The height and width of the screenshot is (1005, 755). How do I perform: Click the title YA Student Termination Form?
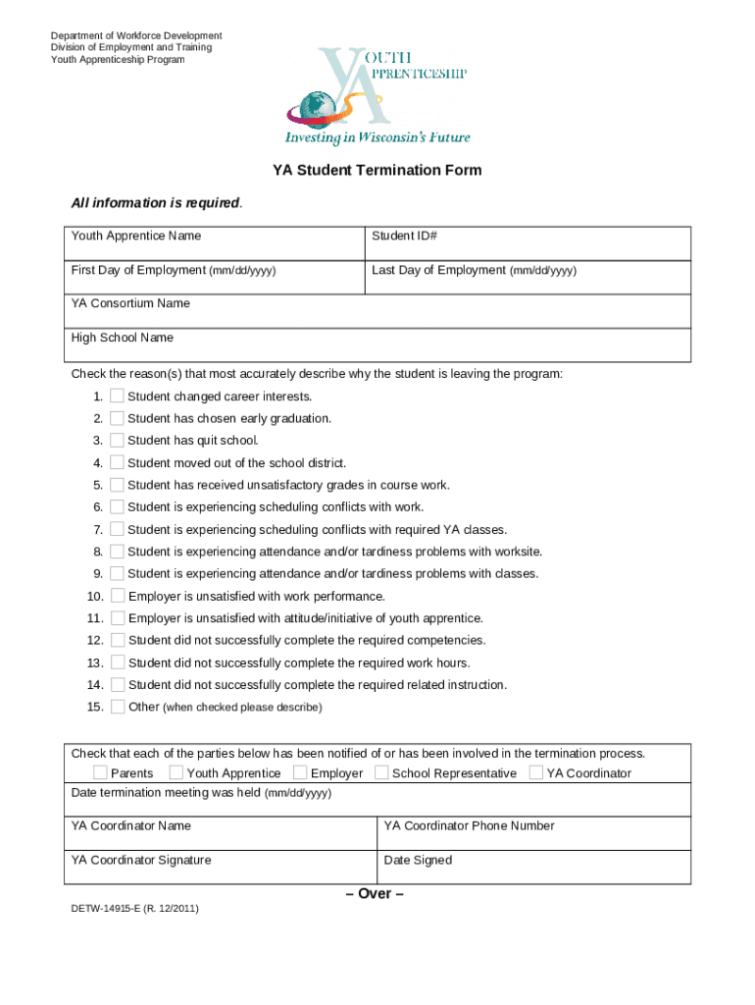pyautogui.click(x=377, y=170)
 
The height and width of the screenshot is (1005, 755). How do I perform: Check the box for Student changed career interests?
pyautogui.click(x=118, y=397)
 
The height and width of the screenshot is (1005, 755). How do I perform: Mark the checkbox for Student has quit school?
pyautogui.click(x=118, y=441)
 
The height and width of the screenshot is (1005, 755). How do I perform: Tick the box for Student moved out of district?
pyautogui.click(x=118, y=462)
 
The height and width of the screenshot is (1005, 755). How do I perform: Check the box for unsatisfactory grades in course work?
pyautogui.click(x=118, y=485)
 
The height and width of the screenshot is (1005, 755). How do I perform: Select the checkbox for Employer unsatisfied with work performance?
pyautogui.click(x=118, y=596)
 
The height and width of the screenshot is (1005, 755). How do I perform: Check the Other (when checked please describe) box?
pyautogui.click(x=118, y=707)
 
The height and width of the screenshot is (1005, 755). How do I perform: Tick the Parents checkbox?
pyautogui.click(x=100, y=772)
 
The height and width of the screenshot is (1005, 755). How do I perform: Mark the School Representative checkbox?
pyautogui.click(x=381, y=772)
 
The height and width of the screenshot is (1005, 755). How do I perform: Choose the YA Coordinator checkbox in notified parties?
pyautogui.click(x=536, y=772)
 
